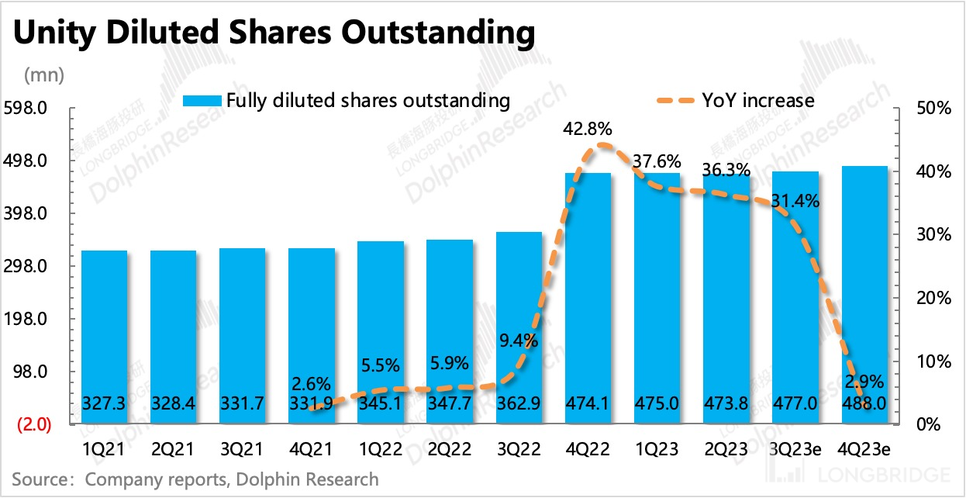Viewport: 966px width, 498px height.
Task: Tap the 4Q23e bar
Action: point(864,295)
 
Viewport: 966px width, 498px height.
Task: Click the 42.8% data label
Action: point(588,130)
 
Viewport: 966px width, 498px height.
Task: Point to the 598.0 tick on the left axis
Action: point(28,108)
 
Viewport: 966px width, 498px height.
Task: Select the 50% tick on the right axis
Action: point(933,108)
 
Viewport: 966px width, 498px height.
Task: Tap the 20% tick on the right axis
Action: point(933,299)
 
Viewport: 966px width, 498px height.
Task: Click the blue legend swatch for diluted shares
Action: point(202,100)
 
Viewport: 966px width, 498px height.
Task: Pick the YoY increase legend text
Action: point(757,100)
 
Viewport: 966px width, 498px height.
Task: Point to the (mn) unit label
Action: point(45,75)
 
